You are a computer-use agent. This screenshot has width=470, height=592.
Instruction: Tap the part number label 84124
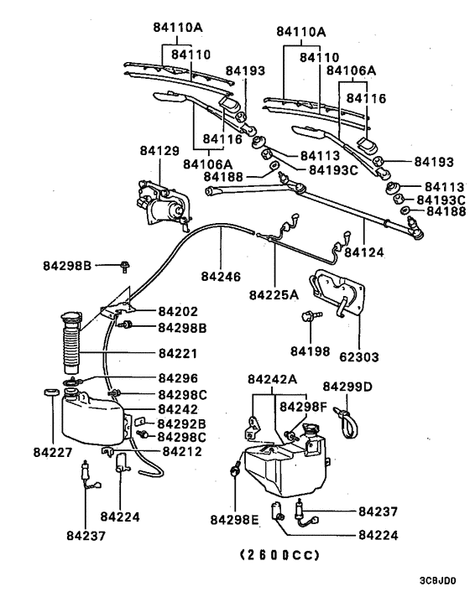[x=363, y=251]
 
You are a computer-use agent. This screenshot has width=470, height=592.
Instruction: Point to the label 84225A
[x=274, y=294]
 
